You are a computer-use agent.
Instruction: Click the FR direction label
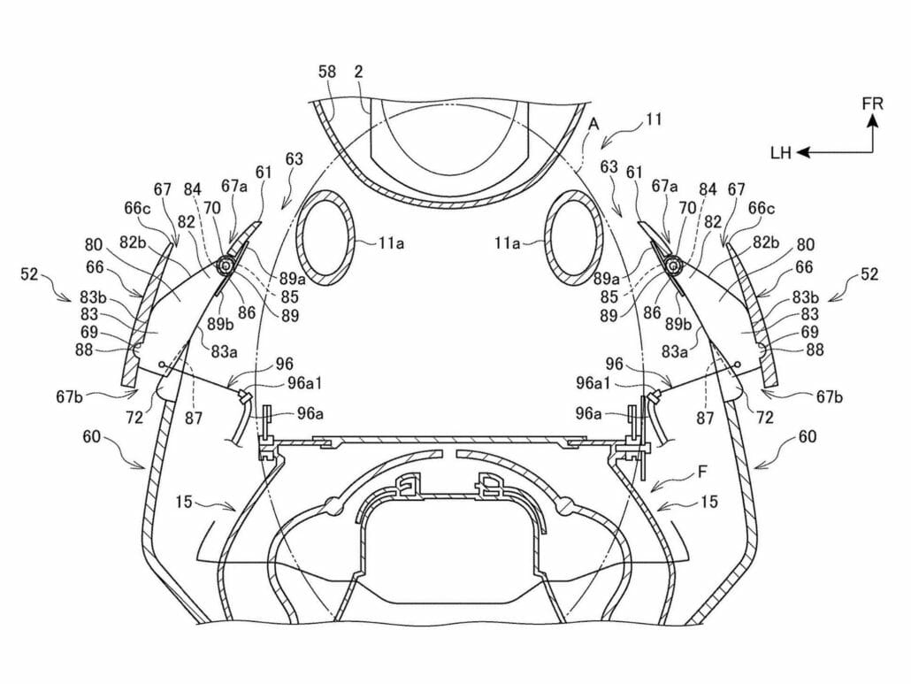(872, 104)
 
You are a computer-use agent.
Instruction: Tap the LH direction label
(780, 153)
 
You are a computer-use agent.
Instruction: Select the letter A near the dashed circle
(592, 126)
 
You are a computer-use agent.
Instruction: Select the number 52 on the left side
(28, 274)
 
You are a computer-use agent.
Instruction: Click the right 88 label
(815, 350)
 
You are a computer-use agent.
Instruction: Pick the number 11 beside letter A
(654, 117)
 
